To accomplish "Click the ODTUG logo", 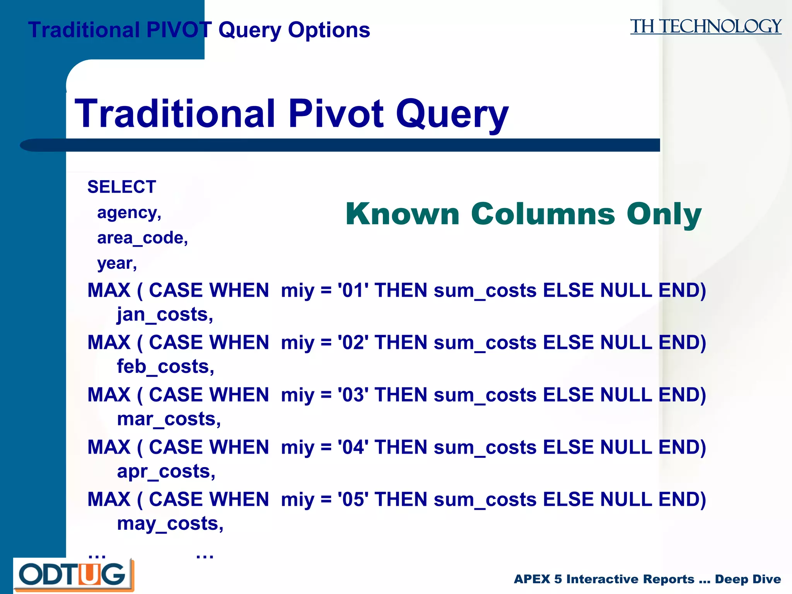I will [x=73, y=575].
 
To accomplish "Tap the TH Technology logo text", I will [x=705, y=27].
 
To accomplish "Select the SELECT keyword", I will [x=121, y=187].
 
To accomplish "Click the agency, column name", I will [x=129, y=213].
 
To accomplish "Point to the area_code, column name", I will [x=142, y=238].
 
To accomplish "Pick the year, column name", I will [x=117, y=264].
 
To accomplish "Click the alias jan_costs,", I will [x=165, y=314].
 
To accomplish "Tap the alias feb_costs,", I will [x=166, y=367].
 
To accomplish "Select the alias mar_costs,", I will [x=169, y=419].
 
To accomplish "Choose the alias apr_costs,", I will [x=166, y=471].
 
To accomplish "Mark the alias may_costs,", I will [x=170, y=524].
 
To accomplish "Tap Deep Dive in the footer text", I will [x=748, y=579].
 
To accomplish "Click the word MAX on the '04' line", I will [x=109, y=447].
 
